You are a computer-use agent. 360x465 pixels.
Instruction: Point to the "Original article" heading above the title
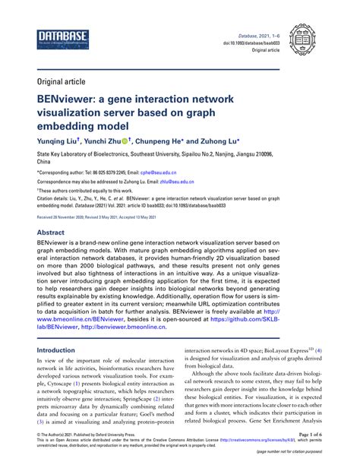click(x=62, y=80)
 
